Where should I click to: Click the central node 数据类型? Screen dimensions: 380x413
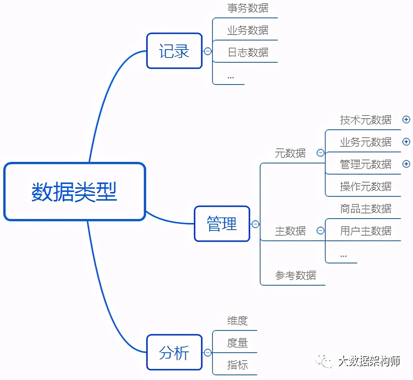pos(74,192)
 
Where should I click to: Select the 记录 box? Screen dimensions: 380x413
pos(174,51)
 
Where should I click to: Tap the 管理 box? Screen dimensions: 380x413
pos(222,224)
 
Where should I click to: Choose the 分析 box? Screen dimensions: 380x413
pos(174,353)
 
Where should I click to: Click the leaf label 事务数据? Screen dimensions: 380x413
pos(248,8)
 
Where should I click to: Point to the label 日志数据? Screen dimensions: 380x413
pos(248,52)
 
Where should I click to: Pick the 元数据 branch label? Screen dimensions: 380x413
pos(290,153)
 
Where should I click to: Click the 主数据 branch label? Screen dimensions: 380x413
pos(290,231)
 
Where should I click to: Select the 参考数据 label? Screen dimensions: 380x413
pos(295,275)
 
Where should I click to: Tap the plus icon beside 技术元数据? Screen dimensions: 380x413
pos(406,119)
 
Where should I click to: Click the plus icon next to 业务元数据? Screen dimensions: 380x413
pos(406,142)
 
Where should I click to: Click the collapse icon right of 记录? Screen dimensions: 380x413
pos(208,51)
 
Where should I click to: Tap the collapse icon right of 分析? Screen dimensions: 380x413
pos(208,353)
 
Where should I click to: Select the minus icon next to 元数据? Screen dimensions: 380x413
pos(320,153)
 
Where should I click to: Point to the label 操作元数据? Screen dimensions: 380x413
pos(365,186)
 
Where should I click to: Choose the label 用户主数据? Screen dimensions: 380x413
pos(365,231)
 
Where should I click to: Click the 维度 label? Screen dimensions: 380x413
pos(237,321)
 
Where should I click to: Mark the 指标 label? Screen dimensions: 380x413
pos(237,365)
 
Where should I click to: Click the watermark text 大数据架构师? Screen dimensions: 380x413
pos(369,361)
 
